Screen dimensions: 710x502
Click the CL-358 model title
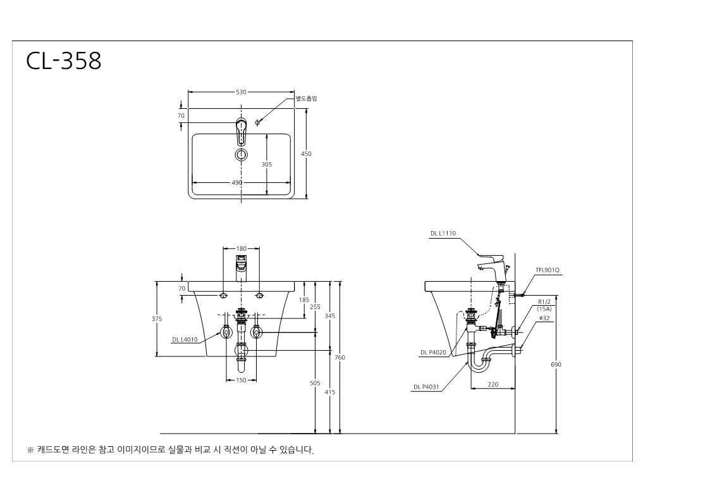click(63, 61)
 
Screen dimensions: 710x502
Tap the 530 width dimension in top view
click(241, 92)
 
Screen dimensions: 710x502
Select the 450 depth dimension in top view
click(306, 154)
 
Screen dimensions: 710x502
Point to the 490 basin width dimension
click(237, 183)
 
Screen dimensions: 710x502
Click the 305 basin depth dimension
click(267, 164)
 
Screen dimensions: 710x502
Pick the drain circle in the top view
click(242, 154)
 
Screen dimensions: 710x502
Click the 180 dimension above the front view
click(242, 249)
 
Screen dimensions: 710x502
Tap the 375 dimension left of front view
click(157, 319)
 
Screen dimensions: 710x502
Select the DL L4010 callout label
click(185, 340)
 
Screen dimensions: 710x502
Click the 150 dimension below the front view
click(242, 380)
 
